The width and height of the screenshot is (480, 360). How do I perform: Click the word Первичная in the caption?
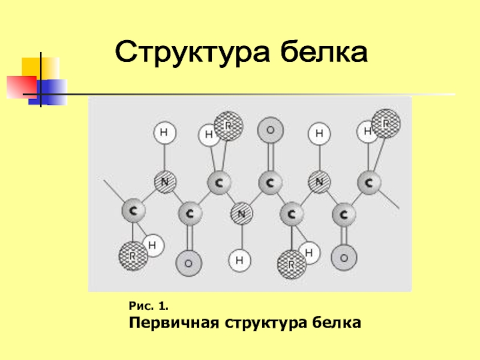coord(174,323)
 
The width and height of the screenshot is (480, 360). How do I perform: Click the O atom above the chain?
coord(270,129)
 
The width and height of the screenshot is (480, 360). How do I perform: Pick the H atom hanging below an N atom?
coord(239,260)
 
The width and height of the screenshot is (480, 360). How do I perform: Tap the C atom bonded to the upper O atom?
coord(270,181)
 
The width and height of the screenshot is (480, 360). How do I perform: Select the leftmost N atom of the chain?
coord(165,181)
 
